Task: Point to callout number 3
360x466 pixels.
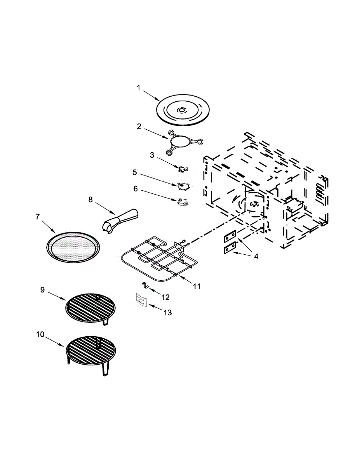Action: point(152,155)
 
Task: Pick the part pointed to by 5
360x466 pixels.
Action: point(183,186)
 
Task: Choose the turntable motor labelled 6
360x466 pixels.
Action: point(181,201)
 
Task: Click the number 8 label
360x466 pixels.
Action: point(90,200)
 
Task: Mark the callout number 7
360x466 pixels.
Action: point(38,217)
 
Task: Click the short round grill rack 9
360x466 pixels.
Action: point(90,309)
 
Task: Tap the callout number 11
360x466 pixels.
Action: point(197,287)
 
